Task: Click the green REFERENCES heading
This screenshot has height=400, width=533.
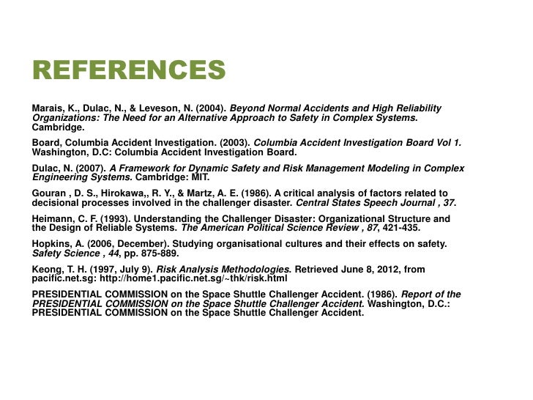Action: (x=128, y=71)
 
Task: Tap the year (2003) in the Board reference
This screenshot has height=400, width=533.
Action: (x=235, y=144)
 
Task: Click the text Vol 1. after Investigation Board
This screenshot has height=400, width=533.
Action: (x=447, y=144)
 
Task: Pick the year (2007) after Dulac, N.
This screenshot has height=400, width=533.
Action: (x=90, y=168)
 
